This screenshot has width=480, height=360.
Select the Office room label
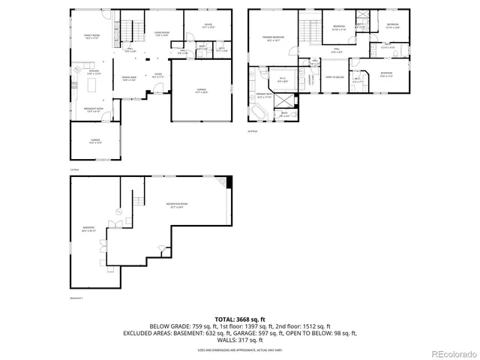coord(208,26)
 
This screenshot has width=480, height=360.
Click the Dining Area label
coord(129,79)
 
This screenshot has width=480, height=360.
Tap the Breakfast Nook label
coord(93,110)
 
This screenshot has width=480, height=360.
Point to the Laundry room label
coord(311,79)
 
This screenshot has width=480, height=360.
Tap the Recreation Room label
coord(177,206)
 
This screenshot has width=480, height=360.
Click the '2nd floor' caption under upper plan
coord(253,130)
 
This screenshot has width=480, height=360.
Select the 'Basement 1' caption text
coord(76,298)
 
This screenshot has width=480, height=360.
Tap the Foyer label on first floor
coord(158,74)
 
